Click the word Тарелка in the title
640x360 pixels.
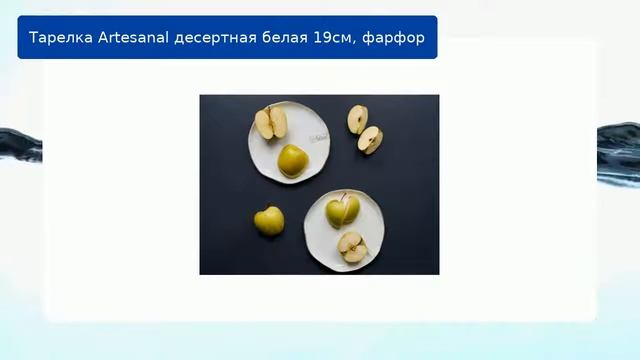pos(58,38)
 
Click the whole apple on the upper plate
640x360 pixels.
pos(292,160)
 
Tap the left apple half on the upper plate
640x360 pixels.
pos(264,124)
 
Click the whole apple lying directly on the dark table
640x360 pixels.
pos(268,221)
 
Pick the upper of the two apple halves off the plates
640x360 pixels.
pos(357,119)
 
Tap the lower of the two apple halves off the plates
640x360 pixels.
pos(369,140)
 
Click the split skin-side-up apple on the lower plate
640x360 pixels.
pos(342,211)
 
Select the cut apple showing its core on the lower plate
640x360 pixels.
pos(351,246)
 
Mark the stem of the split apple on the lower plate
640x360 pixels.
pos(344,198)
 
